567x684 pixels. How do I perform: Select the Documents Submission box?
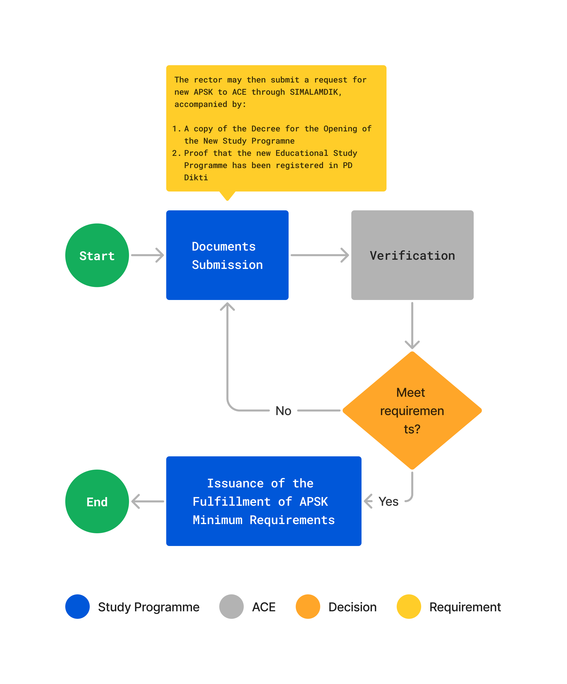[227, 255]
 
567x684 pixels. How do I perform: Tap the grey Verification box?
[412, 255]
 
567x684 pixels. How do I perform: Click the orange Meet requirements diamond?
[412, 411]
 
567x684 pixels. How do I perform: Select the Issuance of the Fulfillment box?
[264, 501]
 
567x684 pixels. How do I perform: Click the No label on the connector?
[283, 411]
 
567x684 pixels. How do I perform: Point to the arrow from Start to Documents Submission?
[147, 255]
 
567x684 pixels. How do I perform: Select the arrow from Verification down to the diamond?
[412, 325]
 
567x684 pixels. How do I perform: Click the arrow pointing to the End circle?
[147, 501]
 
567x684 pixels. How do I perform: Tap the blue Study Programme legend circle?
[77, 607]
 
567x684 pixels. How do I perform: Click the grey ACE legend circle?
[231, 607]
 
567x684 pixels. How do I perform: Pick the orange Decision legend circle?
[308, 607]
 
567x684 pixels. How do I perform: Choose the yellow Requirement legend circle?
[409, 607]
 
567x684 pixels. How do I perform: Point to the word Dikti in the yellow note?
[196, 177]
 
